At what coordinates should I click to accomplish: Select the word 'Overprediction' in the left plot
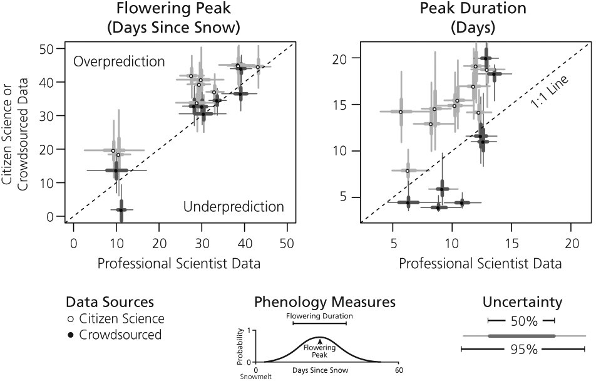(119, 62)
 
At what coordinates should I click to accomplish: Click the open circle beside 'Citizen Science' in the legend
(70, 320)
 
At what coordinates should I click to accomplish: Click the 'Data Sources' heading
(109, 303)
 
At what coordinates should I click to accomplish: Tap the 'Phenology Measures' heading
(325, 302)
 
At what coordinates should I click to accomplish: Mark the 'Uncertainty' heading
(522, 303)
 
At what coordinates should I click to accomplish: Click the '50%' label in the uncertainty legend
(522, 321)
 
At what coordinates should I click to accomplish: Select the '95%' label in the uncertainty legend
(522, 350)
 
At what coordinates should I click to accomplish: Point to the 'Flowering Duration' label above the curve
(319, 316)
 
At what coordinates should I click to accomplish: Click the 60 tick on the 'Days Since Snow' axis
(399, 370)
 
